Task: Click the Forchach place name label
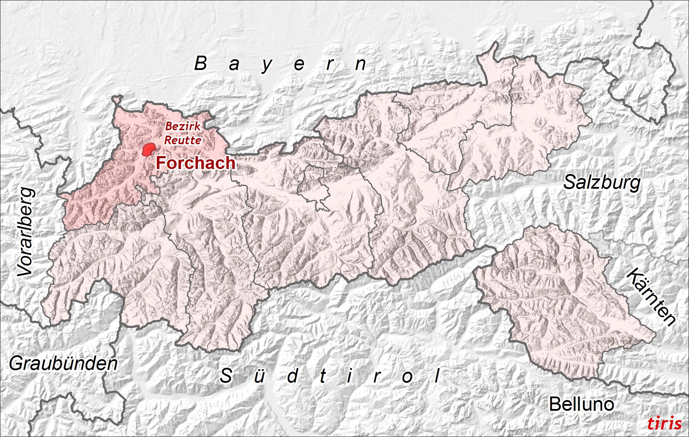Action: coord(195,163)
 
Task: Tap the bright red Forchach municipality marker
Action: coord(148,150)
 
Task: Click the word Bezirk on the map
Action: coord(183,126)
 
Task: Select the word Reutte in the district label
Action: coord(183,140)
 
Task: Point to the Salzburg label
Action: coord(602,183)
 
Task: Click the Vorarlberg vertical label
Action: coord(26,232)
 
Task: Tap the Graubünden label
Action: coord(63,364)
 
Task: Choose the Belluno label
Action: coord(581,404)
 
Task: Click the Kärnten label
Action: coord(651,297)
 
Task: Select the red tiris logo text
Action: coord(665,423)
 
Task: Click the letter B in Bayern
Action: coord(201,64)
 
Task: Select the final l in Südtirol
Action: coord(437,376)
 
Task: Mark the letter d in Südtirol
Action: coord(292,376)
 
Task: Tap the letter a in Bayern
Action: coord(234,65)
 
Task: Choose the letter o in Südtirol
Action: coord(407,377)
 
